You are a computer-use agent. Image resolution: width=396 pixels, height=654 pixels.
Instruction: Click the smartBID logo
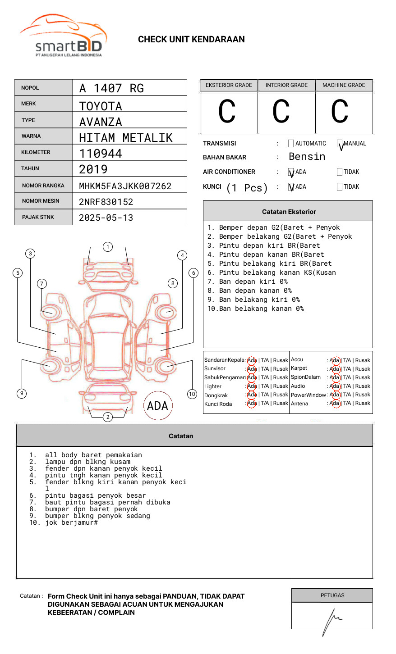tap(63, 36)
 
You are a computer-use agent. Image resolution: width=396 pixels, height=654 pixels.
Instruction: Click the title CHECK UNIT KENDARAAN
tap(191, 40)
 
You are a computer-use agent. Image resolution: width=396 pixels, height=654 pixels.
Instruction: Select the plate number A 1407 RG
tap(111, 88)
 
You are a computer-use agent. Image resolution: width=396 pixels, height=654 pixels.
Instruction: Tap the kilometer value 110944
tap(101, 154)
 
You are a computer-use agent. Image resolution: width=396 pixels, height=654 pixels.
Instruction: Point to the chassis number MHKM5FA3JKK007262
tap(125, 186)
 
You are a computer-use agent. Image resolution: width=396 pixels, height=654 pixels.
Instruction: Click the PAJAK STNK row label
tap(38, 217)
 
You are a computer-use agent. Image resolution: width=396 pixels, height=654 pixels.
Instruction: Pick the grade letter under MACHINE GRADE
tap(340, 112)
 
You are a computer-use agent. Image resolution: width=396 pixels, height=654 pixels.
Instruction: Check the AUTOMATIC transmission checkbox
tap(291, 144)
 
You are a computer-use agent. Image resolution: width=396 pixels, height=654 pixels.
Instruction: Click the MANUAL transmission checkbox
tap(340, 144)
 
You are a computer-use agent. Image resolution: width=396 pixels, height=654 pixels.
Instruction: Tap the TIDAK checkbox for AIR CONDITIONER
tap(340, 172)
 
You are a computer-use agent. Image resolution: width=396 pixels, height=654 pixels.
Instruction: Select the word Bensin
tap(307, 157)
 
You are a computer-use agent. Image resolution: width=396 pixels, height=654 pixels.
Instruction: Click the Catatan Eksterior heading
tap(289, 212)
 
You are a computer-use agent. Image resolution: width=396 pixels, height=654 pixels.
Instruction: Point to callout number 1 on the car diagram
tap(107, 246)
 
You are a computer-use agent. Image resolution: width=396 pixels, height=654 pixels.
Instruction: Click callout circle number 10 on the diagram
tap(192, 394)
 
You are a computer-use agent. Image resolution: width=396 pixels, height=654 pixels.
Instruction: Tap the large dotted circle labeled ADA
tap(157, 406)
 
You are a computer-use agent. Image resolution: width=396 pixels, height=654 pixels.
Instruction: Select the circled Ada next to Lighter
tap(252, 386)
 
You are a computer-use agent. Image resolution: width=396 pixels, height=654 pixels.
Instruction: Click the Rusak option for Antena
tap(363, 403)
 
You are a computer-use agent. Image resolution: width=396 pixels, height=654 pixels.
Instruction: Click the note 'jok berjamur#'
tap(71, 522)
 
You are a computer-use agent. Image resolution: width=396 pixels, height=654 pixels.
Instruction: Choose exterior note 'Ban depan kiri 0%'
tap(253, 282)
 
